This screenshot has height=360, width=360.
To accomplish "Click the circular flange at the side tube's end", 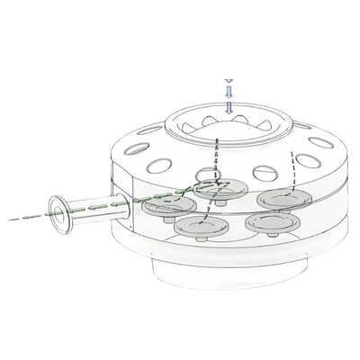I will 60,216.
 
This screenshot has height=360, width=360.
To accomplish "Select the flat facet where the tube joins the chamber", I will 126,216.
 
